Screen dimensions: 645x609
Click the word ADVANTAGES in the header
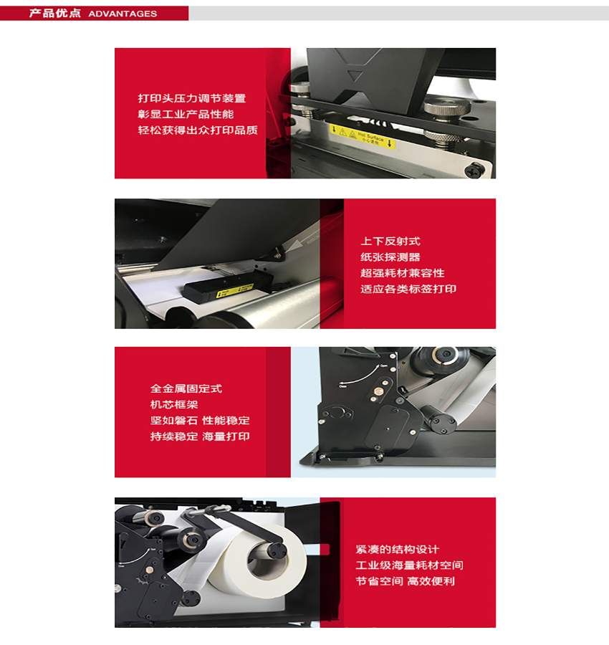coord(123,14)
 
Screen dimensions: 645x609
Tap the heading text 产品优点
coord(54,14)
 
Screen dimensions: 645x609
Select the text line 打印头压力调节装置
coord(191,98)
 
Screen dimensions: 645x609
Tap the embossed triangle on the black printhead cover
coord(355,73)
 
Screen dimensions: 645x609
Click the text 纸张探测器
coord(390,257)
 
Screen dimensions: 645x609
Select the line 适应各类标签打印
coord(408,289)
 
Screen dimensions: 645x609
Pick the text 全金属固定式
coord(186,388)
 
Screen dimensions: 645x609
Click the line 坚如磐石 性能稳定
coord(200,421)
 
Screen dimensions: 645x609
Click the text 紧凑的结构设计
coord(397,550)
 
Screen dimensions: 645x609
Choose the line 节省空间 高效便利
coord(405,581)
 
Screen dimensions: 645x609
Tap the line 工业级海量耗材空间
coord(414,565)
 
